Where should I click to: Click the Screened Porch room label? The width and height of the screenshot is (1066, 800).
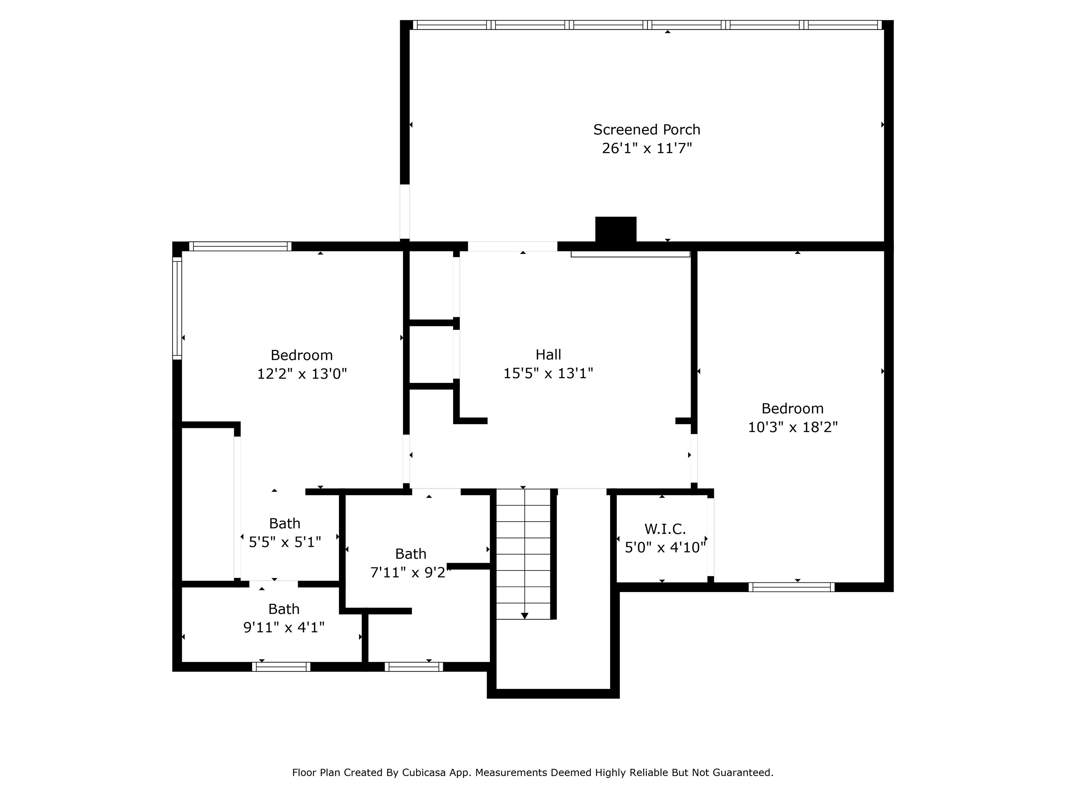pyautogui.click(x=646, y=130)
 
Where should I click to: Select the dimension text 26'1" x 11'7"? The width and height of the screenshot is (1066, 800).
pyautogui.click(x=646, y=148)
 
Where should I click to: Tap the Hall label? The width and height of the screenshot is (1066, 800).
pyautogui.click(x=548, y=355)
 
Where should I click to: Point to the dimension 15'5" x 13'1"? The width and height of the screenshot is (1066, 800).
pyautogui.click(x=548, y=373)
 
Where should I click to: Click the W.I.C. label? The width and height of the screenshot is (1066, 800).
pyautogui.click(x=665, y=529)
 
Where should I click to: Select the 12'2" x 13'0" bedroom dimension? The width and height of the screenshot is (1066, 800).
pyautogui.click(x=302, y=374)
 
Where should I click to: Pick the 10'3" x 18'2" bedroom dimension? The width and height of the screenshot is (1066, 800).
pyautogui.click(x=792, y=427)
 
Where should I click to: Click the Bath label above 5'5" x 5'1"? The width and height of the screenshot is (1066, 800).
pyautogui.click(x=284, y=523)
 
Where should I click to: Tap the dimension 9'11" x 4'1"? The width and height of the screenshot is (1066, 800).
pyautogui.click(x=284, y=627)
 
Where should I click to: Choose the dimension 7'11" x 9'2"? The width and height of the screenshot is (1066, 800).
pyautogui.click(x=410, y=572)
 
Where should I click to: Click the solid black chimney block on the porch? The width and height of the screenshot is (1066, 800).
pyautogui.click(x=615, y=230)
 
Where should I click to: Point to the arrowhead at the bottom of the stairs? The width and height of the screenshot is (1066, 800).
pyautogui.click(x=524, y=616)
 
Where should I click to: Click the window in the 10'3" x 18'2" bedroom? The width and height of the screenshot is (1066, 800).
pyautogui.click(x=791, y=587)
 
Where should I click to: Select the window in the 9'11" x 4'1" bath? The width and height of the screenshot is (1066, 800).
pyautogui.click(x=281, y=667)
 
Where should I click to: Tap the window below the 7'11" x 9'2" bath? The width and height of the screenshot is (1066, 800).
pyautogui.click(x=414, y=667)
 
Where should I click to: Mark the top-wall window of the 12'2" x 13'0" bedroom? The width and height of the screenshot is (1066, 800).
pyautogui.click(x=240, y=247)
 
